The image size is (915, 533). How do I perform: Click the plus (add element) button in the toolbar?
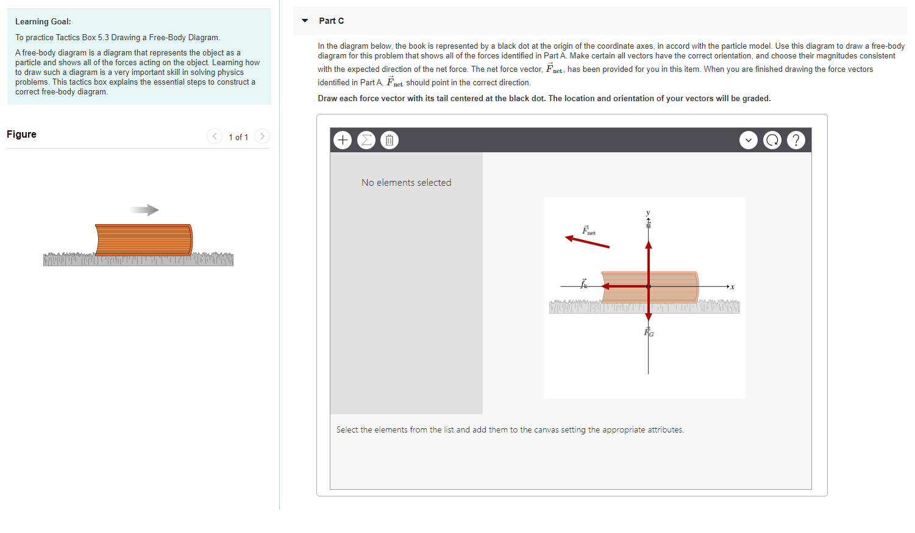pos(343,140)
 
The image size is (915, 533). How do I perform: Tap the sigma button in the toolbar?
pos(366,140)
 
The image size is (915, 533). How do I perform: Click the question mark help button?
pos(796,140)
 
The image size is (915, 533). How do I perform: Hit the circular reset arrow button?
pos(772,140)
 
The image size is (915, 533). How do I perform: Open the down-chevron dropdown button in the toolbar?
pos(749,140)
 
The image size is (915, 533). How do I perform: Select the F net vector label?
pos(588,230)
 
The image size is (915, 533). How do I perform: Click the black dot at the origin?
pos(648,286)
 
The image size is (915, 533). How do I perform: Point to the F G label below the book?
pos(649,332)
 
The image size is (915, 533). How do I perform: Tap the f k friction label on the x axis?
pos(583,284)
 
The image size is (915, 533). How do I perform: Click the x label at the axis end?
pos(733,287)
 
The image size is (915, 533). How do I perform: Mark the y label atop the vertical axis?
pos(648,213)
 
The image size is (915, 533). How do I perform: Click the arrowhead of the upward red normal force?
pos(648,245)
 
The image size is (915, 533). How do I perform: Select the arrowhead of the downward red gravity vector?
pos(648,317)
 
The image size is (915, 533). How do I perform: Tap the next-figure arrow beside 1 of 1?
pos(262,136)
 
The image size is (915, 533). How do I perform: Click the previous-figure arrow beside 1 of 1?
pos(215,136)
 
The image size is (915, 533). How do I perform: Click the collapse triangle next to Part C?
pos(305,21)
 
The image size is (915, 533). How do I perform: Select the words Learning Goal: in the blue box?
pos(43,22)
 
